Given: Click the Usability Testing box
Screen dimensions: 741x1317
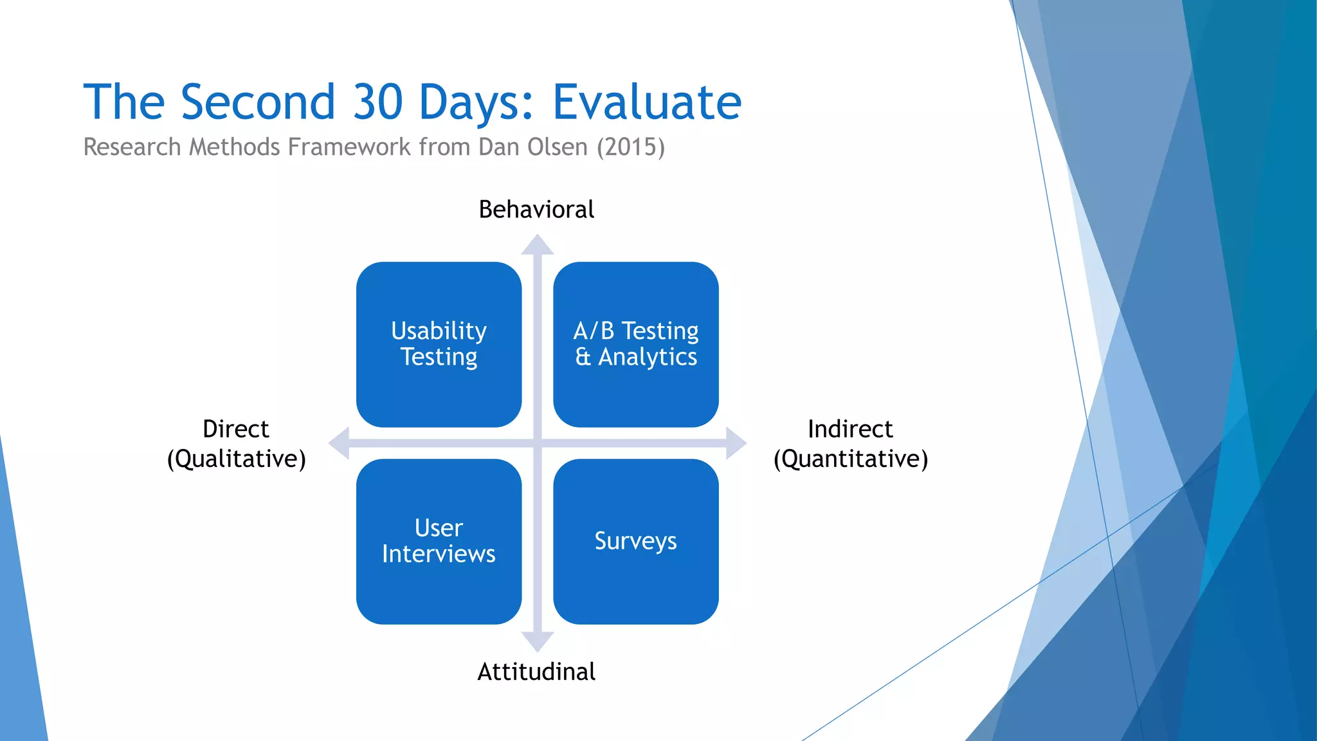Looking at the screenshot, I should click(439, 344).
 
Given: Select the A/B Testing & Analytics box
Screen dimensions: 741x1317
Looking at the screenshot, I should click(635, 344).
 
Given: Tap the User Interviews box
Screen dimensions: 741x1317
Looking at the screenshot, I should click(439, 541).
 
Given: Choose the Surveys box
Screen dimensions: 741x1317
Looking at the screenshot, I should click(635, 541).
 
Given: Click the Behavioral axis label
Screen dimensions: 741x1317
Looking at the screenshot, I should click(536, 210).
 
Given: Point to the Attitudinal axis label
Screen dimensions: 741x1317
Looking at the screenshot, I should click(536, 672).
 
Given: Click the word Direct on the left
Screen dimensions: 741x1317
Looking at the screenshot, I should click(235, 429).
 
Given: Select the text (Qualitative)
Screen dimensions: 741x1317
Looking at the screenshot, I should click(236, 459).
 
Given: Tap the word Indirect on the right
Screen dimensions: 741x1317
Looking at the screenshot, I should click(850, 429).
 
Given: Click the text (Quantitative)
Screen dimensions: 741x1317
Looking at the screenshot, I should click(850, 459).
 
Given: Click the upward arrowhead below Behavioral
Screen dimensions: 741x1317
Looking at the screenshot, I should click(537, 246).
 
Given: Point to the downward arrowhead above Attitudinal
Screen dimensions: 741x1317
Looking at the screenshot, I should click(537, 641).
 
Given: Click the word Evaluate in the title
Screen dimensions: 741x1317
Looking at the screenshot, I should click(647, 102).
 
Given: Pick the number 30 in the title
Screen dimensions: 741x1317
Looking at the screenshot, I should click(377, 102).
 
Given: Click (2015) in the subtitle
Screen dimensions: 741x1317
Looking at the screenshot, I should click(630, 147).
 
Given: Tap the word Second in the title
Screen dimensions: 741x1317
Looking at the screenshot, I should click(258, 102).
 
